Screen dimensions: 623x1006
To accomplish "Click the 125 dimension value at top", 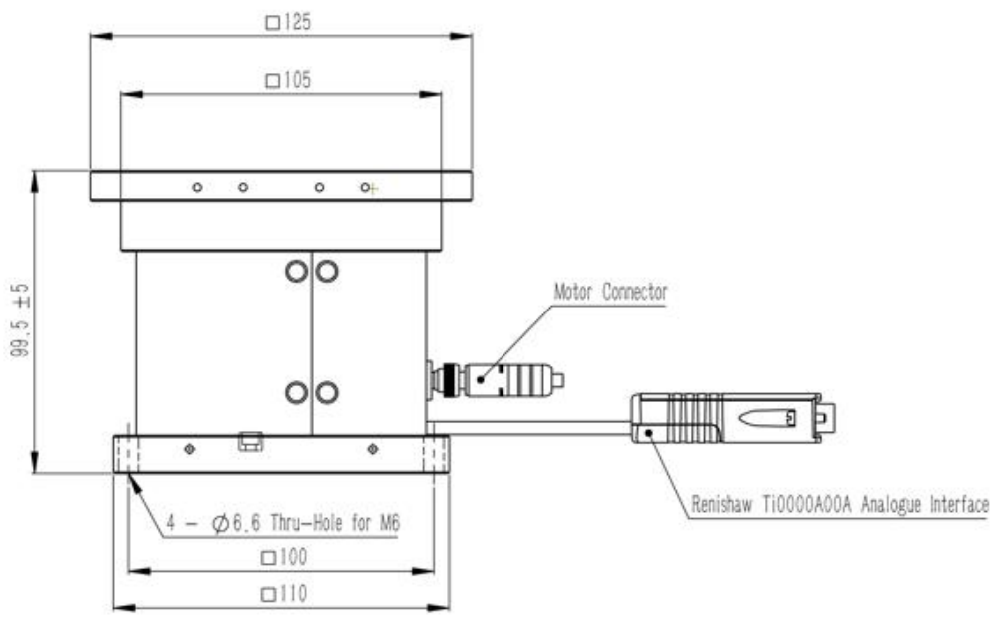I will (296, 20).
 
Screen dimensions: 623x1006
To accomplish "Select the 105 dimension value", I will (296, 81).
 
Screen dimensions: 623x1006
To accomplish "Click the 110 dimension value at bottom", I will (292, 594).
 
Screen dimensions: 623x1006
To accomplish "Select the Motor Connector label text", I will (610, 293).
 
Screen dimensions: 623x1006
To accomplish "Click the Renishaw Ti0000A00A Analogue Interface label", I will (840, 506).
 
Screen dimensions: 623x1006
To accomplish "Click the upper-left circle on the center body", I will (296, 270).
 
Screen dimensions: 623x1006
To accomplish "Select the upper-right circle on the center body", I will (327, 270).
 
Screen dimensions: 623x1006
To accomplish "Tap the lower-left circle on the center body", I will (296, 392).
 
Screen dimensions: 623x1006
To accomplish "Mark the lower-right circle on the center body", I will (327, 392).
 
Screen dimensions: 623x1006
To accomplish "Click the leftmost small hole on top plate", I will (198, 187).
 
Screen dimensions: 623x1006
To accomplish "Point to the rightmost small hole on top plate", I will (366, 187).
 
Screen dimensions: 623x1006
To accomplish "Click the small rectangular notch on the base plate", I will (250, 439).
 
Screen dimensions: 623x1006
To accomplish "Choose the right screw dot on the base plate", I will (373, 449).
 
